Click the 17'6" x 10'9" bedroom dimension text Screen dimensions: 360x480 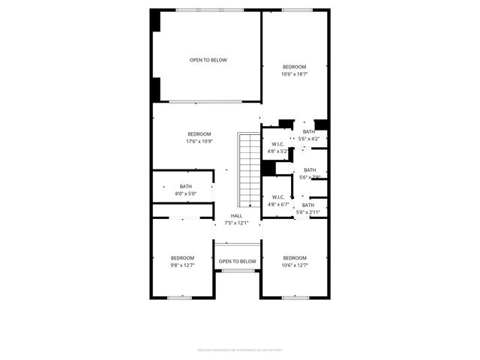coord(199,142)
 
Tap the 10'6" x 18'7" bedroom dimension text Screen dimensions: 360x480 coord(295,74)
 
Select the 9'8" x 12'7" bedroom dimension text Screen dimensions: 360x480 coord(182,265)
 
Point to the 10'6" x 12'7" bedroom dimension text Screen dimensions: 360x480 coord(295,265)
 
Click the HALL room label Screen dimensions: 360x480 coord(236,215)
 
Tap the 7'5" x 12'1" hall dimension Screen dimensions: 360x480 coord(236,223)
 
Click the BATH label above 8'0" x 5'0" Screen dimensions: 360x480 coord(185,187)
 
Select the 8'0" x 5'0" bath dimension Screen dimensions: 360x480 coord(185,194)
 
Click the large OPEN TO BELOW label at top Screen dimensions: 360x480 coord(208,60)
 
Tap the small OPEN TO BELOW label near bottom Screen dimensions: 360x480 coord(237,261)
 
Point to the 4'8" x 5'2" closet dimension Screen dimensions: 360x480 coord(277,151)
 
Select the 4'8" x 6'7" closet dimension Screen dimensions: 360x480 coord(277,204)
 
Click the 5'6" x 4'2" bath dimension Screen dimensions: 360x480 coord(309,139)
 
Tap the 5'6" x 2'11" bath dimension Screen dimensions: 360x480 coord(308,212)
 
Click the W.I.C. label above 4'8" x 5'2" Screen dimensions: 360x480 coord(277,144)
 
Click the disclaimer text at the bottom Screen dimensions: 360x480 coord(240,349)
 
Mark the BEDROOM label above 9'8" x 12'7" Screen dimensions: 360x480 coord(182,257)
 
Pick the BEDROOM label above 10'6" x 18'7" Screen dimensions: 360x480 coord(295,67)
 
